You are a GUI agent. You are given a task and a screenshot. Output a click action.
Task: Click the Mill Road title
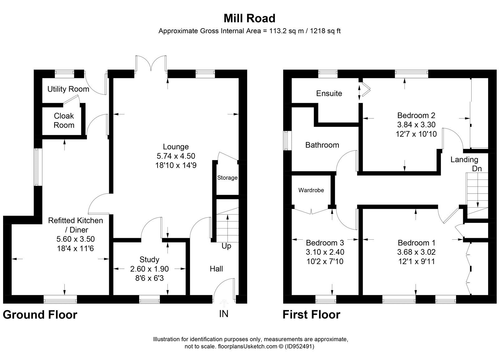click(x=249, y=18)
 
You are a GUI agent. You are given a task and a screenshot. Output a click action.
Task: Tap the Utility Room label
click(x=68, y=89)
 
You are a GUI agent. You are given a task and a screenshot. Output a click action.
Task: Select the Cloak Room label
click(x=64, y=120)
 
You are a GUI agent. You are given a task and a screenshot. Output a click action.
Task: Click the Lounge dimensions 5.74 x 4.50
click(x=176, y=156)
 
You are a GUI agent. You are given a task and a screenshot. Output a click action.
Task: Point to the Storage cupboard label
click(x=227, y=178)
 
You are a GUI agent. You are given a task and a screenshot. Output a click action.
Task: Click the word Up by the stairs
click(x=226, y=246)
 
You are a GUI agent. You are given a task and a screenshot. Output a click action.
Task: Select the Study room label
click(x=149, y=259)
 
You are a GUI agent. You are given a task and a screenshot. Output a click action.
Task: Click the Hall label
click(x=216, y=269)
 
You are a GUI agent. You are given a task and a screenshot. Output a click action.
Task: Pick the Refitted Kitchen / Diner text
click(x=75, y=225)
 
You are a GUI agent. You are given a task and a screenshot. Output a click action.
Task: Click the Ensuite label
click(x=329, y=93)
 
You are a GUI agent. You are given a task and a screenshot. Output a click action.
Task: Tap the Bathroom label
click(x=322, y=145)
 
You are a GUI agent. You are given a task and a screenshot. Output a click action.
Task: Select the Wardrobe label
click(x=311, y=190)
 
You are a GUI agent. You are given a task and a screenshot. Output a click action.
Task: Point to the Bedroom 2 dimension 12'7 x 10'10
click(x=416, y=134)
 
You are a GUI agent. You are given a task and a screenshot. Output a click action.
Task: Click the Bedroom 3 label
click(x=325, y=242)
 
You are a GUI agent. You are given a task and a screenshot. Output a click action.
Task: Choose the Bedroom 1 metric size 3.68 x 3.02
click(x=416, y=252)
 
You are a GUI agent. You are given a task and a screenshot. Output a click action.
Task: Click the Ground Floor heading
click(x=40, y=314)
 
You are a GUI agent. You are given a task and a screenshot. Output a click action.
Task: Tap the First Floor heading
click(x=311, y=314)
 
